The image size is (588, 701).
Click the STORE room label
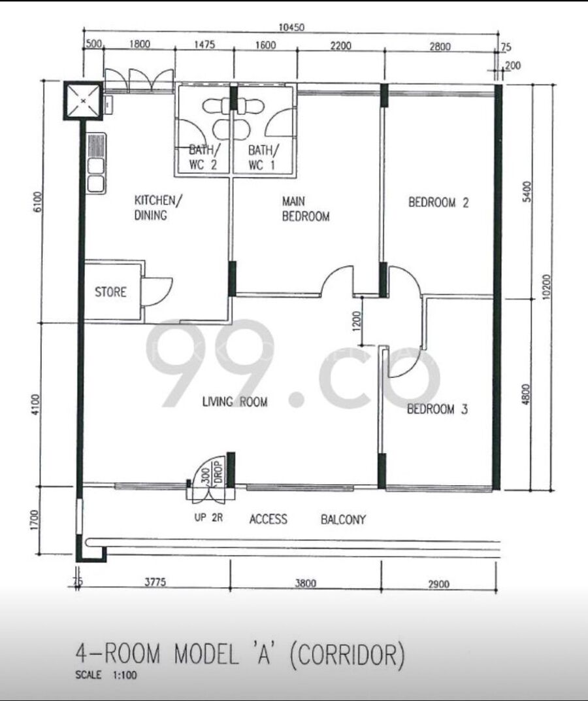[110, 292]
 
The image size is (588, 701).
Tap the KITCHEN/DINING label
[157, 207]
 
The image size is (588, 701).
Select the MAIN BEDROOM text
[306, 209]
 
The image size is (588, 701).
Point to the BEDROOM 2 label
[438, 203]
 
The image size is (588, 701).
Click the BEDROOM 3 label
[437, 409]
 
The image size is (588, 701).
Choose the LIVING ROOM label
[235, 402]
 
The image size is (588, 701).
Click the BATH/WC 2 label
[204, 157]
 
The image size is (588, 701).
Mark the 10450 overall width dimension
[291, 27]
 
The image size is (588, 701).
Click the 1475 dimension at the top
[204, 44]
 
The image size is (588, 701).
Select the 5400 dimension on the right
[527, 192]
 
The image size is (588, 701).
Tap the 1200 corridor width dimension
[356, 321]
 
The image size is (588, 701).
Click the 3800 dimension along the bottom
[306, 583]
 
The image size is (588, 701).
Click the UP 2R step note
[208, 518]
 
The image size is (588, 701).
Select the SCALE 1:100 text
[106, 675]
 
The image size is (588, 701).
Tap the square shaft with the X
[83, 101]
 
